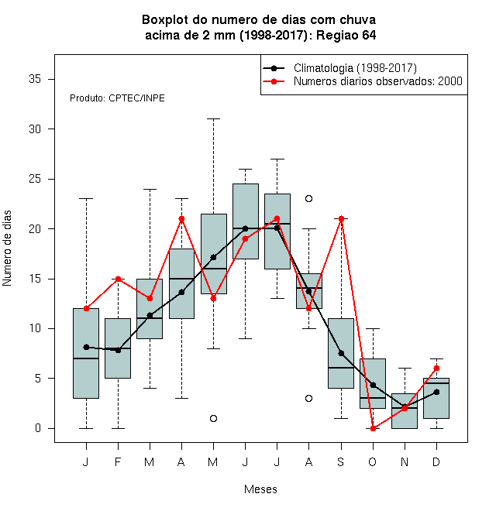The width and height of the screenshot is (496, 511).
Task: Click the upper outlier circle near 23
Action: click(x=308, y=198)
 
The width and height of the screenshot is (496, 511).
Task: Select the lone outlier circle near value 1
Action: click(x=213, y=418)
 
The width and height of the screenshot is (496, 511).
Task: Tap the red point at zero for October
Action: click(x=373, y=428)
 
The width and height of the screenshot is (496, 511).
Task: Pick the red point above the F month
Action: click(x=118, y=279)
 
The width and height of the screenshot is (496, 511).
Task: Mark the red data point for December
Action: click(x=436, y=369)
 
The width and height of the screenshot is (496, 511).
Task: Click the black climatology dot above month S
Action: click(x=341, y=353)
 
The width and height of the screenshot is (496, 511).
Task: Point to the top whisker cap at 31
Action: click(x=213, y=119)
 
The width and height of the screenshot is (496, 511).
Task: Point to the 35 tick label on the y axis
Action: click(x=35, y=79)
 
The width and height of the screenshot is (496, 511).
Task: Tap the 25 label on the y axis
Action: click(x=35, y=179)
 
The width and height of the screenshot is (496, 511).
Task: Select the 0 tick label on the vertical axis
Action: click(x=38, y=428)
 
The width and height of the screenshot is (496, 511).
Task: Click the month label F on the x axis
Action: click(x=118, y=461)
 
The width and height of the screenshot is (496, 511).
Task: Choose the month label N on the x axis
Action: click(x=405, y=461)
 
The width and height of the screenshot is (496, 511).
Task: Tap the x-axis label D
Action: click(x=436, y=461)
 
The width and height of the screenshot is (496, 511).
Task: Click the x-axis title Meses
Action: click(x=260, y=489)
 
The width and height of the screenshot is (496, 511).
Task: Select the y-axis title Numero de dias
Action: click(x=7, y=249)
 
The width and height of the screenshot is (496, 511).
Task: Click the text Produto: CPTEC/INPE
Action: click(x=117, y=98)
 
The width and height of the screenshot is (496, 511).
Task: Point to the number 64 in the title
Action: click(x=369, y=35)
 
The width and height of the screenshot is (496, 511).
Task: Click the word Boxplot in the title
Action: click(x=165, y=20)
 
